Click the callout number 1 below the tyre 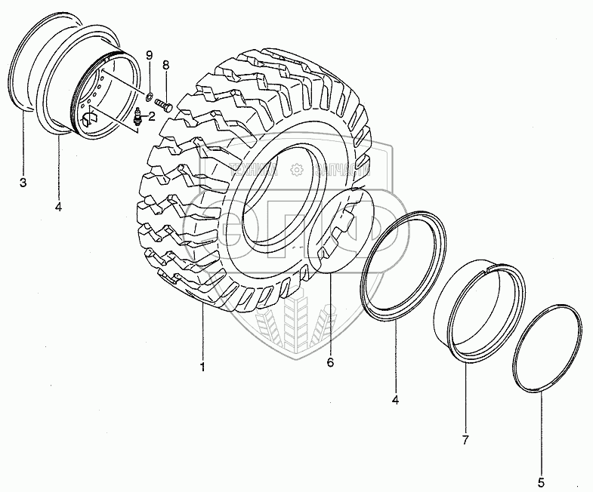coord(202,367)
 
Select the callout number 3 coord(23,183)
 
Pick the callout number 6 coord(330,362)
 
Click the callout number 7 coord(465,439)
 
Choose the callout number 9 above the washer coord(149,56)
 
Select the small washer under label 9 coord(149,95)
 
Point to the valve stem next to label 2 coord(137,117)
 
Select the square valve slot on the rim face coord(90,117)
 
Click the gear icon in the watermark coord(296,172)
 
